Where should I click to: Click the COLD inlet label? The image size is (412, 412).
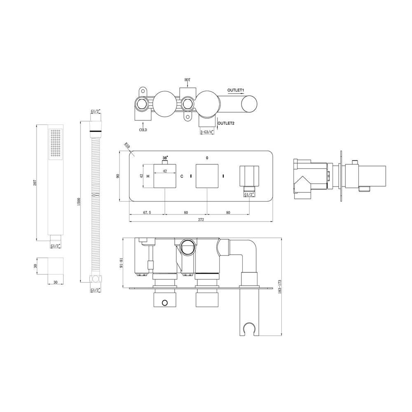click(x=143, y=129)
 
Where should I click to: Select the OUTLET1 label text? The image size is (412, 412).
click(x=236, y=90)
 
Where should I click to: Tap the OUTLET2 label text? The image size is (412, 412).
click(x=226, y=123)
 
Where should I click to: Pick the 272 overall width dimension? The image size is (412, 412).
click(x=201, y=220)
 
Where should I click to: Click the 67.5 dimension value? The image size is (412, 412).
click(x=147, y=213)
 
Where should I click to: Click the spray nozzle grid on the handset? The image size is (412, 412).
click(x=56, y=143)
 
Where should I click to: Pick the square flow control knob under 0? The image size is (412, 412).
click(x=207, y=176)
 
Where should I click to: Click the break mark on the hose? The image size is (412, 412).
click(x=96, y=194)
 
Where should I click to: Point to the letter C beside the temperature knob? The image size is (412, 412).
click(x=182, y=176)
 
